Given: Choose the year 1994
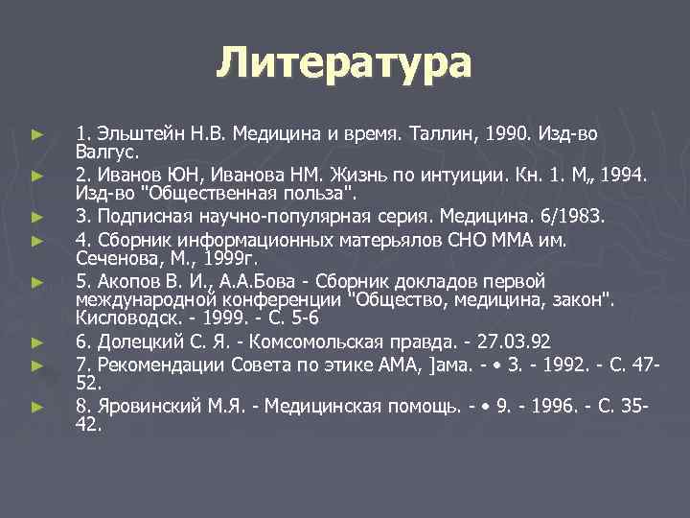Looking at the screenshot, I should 625,176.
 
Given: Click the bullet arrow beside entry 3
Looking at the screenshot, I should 36,218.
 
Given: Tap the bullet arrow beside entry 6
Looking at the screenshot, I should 36,341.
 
